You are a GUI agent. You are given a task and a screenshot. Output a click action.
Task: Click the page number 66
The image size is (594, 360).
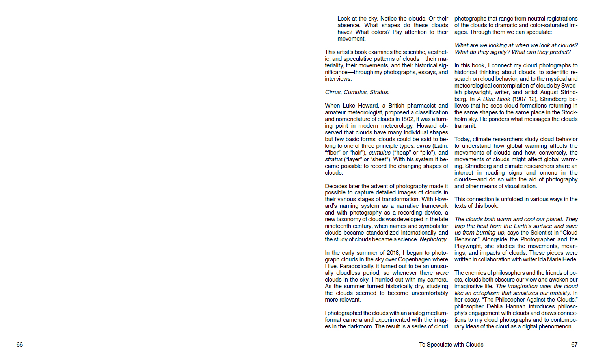[x=20, y=345]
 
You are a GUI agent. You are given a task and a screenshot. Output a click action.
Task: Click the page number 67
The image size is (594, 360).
[x=574, y=345]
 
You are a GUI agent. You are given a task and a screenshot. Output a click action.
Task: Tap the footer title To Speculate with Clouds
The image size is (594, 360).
[x=451, y=345]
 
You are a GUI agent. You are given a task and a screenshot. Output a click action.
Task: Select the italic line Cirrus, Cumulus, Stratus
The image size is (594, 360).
[x=357, y=92]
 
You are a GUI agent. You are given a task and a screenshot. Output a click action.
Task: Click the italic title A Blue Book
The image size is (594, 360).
[x=493, y=99]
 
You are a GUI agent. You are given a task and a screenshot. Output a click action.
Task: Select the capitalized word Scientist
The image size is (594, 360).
[x=544, y=233]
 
